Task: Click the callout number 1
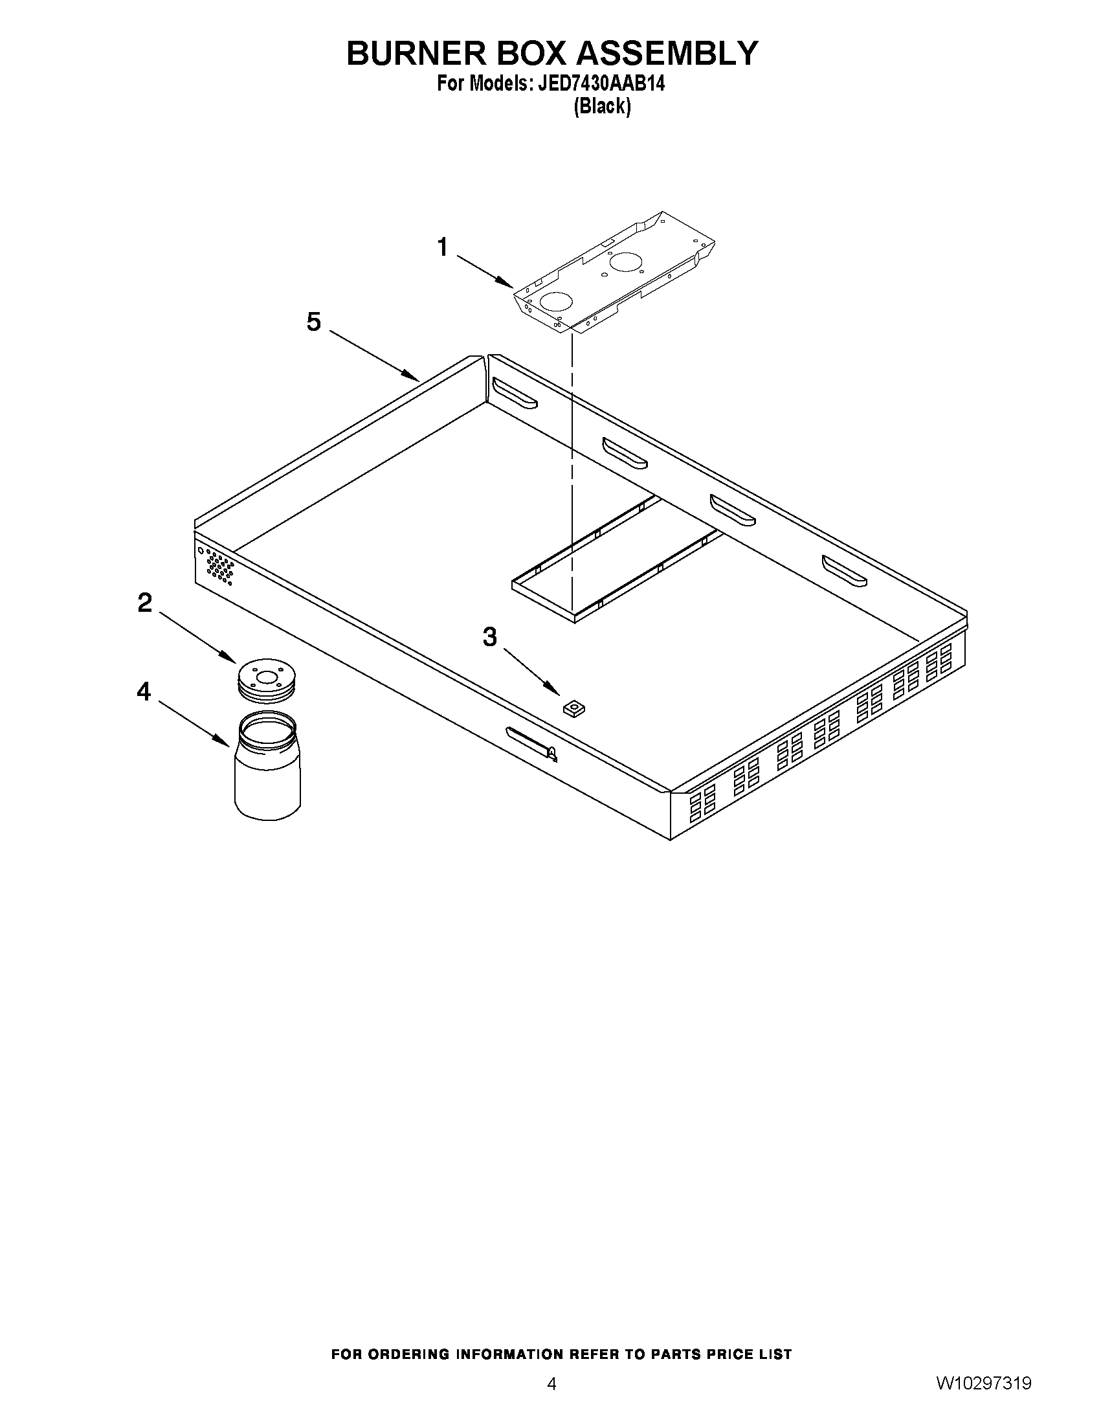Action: point(443,248)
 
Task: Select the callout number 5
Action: point(315,322)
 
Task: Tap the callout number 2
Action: point(144,603)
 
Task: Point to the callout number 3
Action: point(490,637)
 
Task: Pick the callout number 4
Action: point(144,691)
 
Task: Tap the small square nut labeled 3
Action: point(573,707)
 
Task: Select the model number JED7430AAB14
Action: point(600,84)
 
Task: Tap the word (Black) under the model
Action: point(602,106)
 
